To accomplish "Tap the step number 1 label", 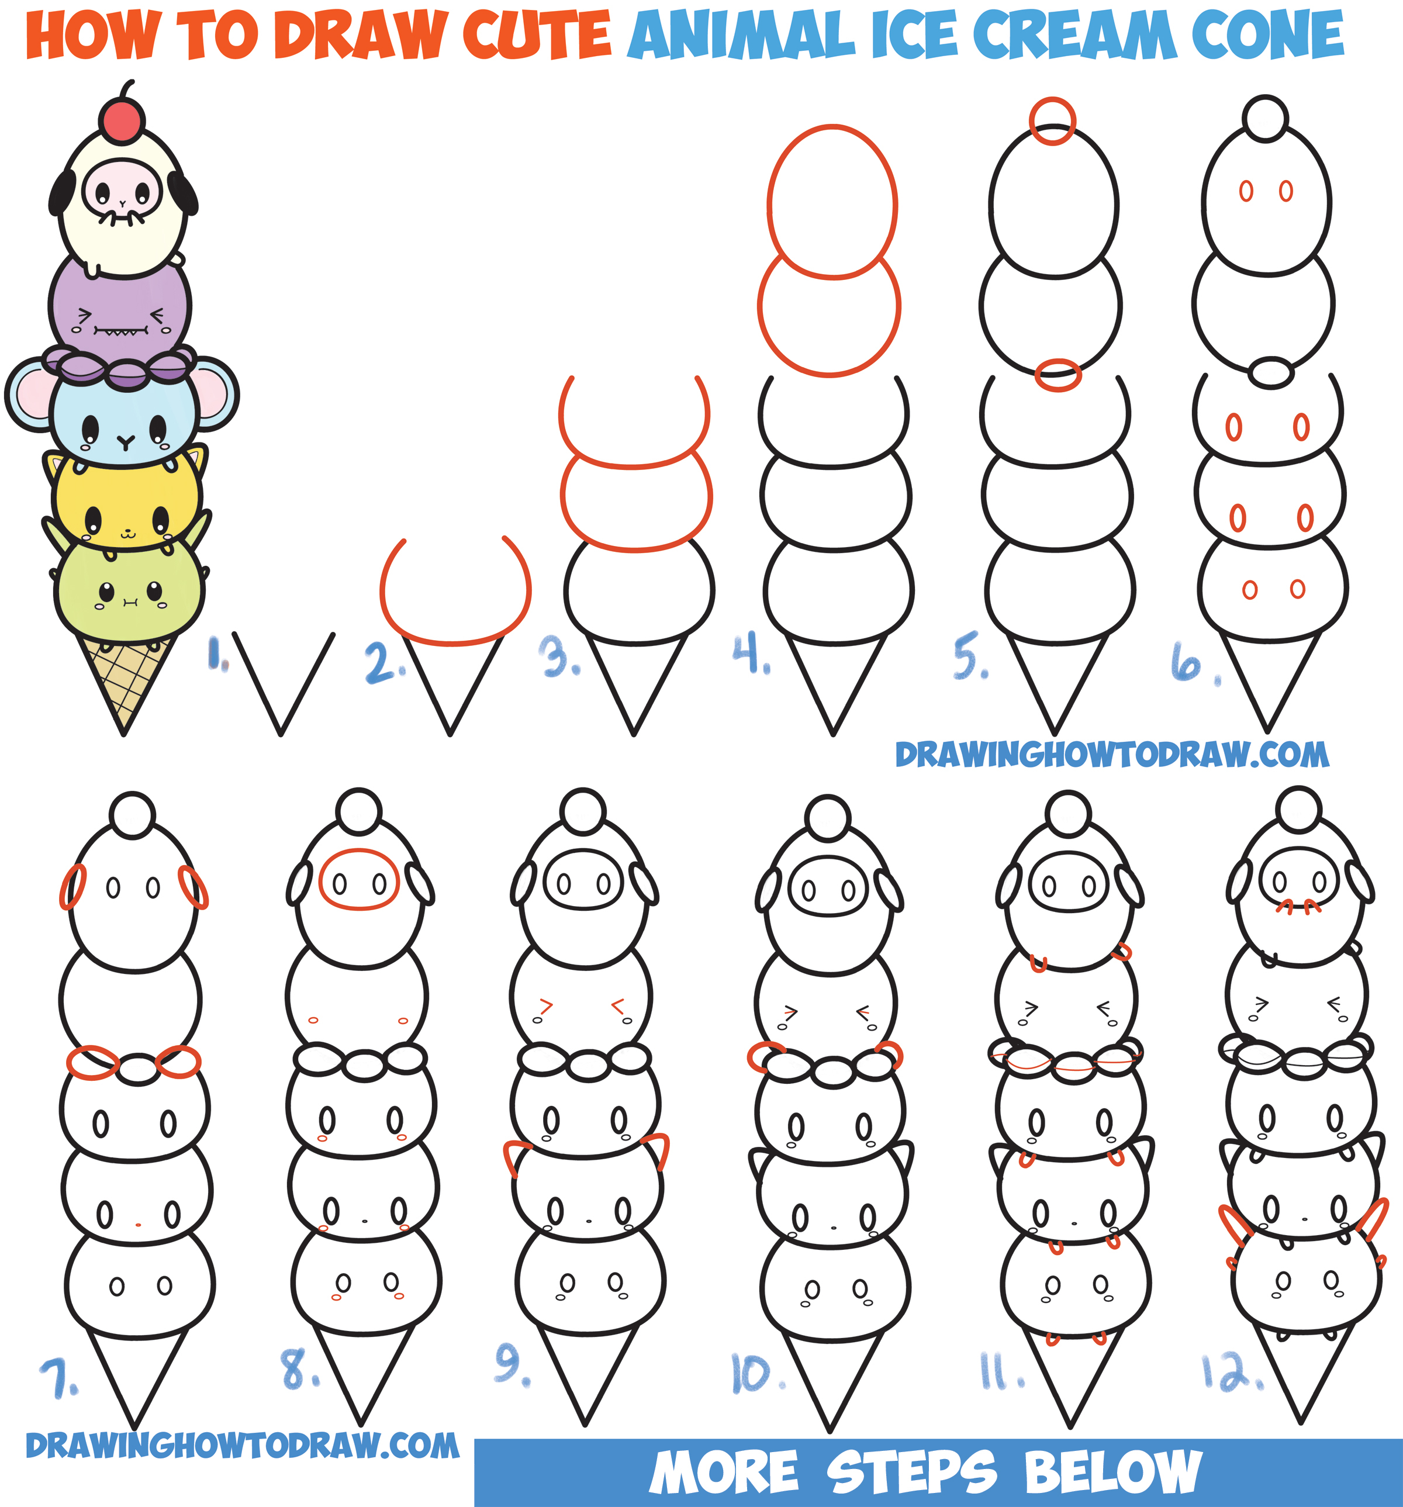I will click(217, 654).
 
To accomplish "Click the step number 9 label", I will click(511, 1364).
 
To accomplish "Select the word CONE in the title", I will click(1267, 35).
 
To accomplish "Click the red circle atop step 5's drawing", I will click(1052, 120).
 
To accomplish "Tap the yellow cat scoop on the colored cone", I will click(127, 500).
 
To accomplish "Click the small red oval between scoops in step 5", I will click(1058, 375).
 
